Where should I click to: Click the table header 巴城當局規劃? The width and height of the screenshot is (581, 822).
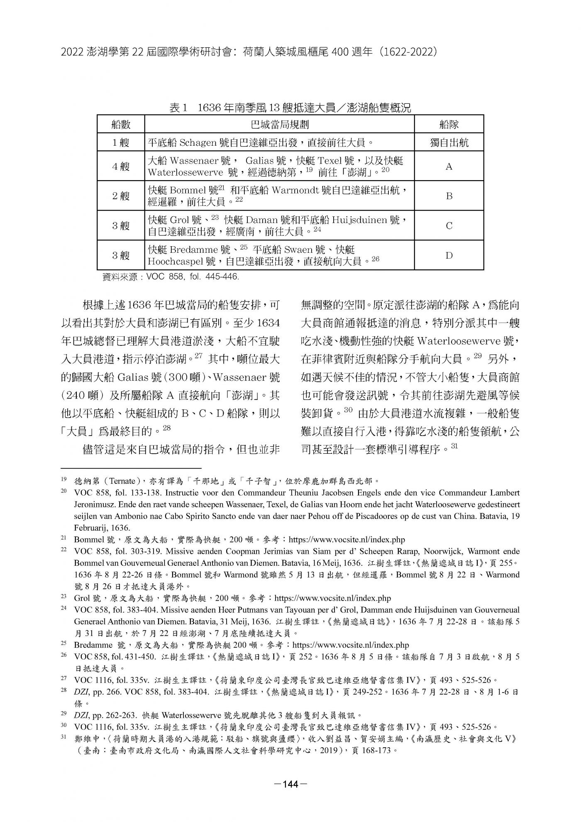point(279,125)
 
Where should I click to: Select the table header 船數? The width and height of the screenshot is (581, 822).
point(120,125)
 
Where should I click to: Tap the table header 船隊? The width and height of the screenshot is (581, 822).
point(449,125)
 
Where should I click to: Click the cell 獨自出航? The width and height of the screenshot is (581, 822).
point(449,143)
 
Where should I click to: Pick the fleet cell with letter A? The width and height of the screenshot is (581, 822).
point(449,166)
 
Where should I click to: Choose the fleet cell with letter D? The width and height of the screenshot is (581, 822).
point(449,255)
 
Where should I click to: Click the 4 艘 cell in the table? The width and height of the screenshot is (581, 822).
point(120,166)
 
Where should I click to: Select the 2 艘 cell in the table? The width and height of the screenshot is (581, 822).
point(120,196)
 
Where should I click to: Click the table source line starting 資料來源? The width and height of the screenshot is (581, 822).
point(171,276)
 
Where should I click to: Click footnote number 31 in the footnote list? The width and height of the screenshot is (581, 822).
point(63,738)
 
